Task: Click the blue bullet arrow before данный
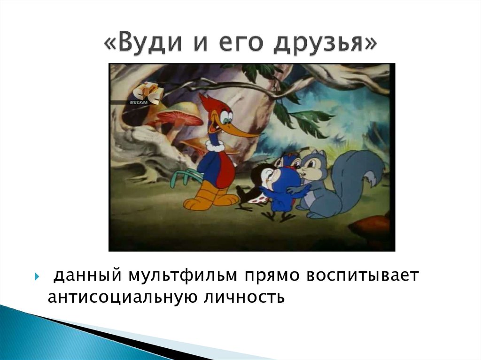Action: tap(37, 276)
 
